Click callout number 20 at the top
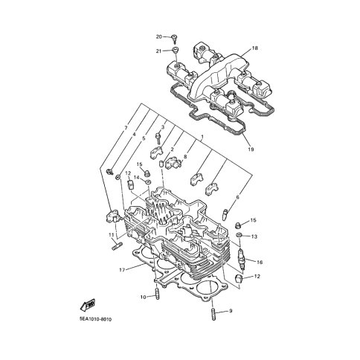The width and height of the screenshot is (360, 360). click(x=158, y=37)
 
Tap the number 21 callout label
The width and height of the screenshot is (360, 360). click(x=158, y=51)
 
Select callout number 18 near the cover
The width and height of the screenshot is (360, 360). click(x=255, y=48)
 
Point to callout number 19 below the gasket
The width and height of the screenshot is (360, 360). click(x=251, y=150)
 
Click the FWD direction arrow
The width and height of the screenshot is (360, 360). click(x=88, y=304)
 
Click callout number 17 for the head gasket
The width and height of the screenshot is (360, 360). click(x=122, y=270)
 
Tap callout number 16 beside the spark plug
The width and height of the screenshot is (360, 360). click(x=260, y=262)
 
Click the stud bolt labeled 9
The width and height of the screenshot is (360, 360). click(x=214, y=314)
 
